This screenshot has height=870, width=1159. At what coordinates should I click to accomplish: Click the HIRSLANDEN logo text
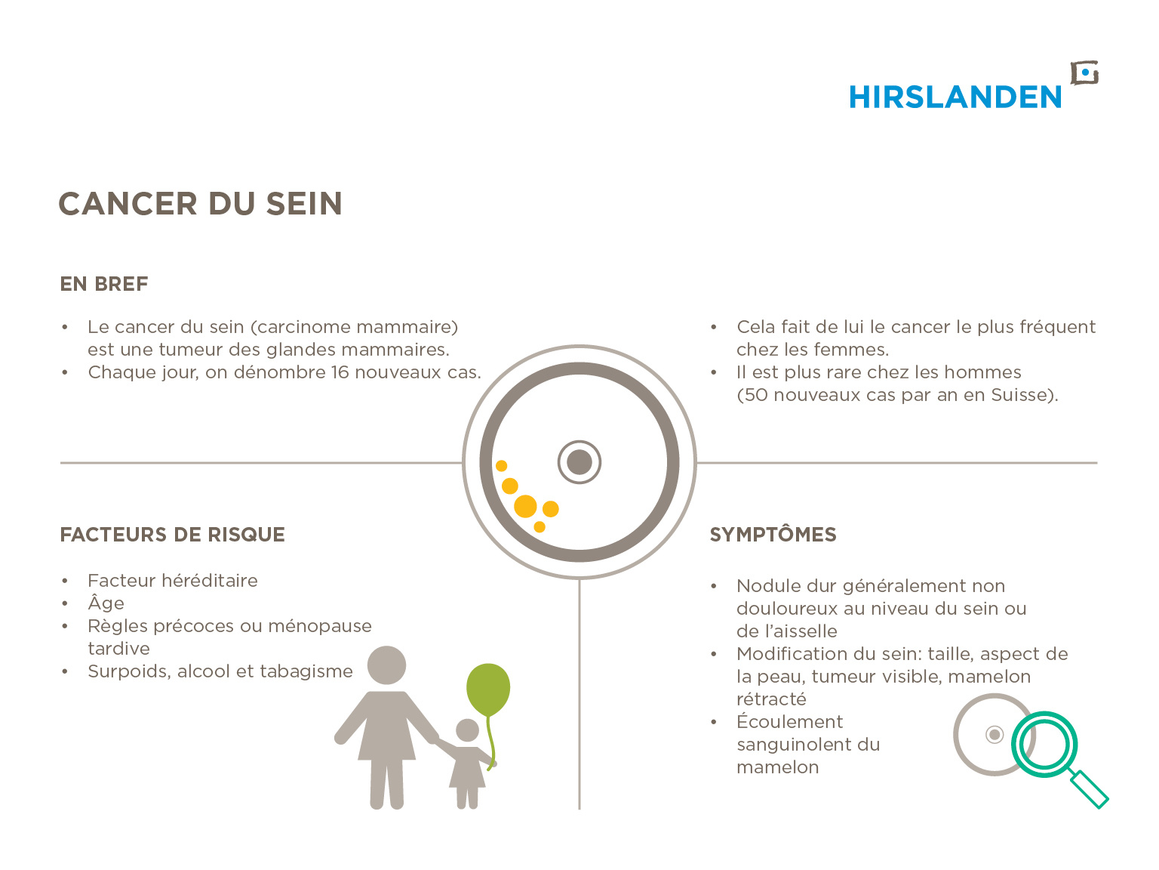(x=955, y=97)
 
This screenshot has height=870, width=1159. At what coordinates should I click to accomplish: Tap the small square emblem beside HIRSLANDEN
(x=1084, y=73)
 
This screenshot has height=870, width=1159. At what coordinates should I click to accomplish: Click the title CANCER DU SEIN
(x=201, y=204)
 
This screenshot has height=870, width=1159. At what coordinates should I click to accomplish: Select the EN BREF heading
(x=104, y=284)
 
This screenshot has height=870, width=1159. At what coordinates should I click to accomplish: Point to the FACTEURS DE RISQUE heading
(x=173, y=535)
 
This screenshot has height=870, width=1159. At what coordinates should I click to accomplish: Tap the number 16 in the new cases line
(x=340, y=372)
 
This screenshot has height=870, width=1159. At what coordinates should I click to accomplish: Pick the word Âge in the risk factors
(x=106, y=602)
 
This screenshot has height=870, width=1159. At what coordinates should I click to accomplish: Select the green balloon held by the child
(x=488, y=690)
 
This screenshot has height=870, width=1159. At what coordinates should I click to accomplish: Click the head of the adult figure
(x=386, y=665)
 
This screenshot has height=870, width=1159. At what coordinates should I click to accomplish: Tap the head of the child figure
(x=467, y=730)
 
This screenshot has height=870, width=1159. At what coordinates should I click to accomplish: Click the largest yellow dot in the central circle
(x=525, y=506)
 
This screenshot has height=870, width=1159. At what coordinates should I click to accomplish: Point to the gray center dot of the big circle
(x=579, y=462)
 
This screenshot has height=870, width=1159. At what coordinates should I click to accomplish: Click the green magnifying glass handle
(x=1089, y=789)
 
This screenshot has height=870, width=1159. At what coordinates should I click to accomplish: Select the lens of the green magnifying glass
(x=1044, y=745)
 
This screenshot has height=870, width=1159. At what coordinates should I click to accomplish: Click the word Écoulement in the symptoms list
(x=790, y=721)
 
